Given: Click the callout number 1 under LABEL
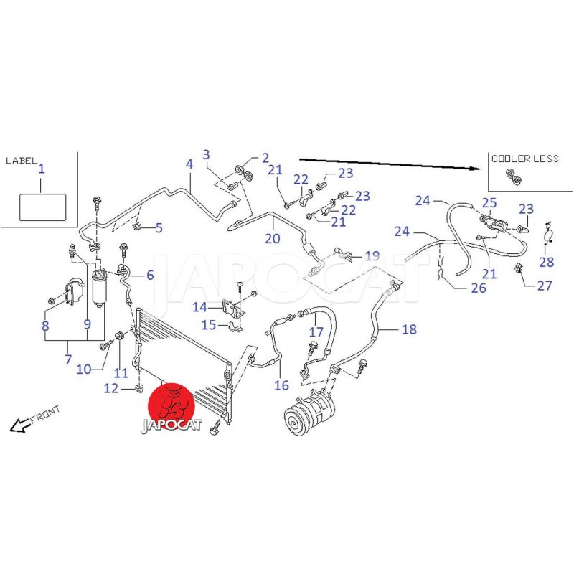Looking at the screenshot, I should coord(42,169).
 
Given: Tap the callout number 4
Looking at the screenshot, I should coord(189,164).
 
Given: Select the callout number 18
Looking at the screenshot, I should coord(409,329).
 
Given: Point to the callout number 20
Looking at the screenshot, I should coord(273,238).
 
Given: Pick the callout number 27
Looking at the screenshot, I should coord(544,285).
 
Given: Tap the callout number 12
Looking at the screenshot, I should coord(110,388).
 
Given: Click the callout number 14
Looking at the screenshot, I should coord(199,308).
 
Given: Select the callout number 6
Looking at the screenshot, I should coord(150,275).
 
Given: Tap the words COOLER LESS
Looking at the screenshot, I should coord(524,159).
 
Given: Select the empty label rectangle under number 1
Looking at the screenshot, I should coord(42,207).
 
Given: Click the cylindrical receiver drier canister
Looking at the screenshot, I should coord(100,287).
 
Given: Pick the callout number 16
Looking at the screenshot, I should coord(281,385).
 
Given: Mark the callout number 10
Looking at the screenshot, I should coord(84,369).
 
